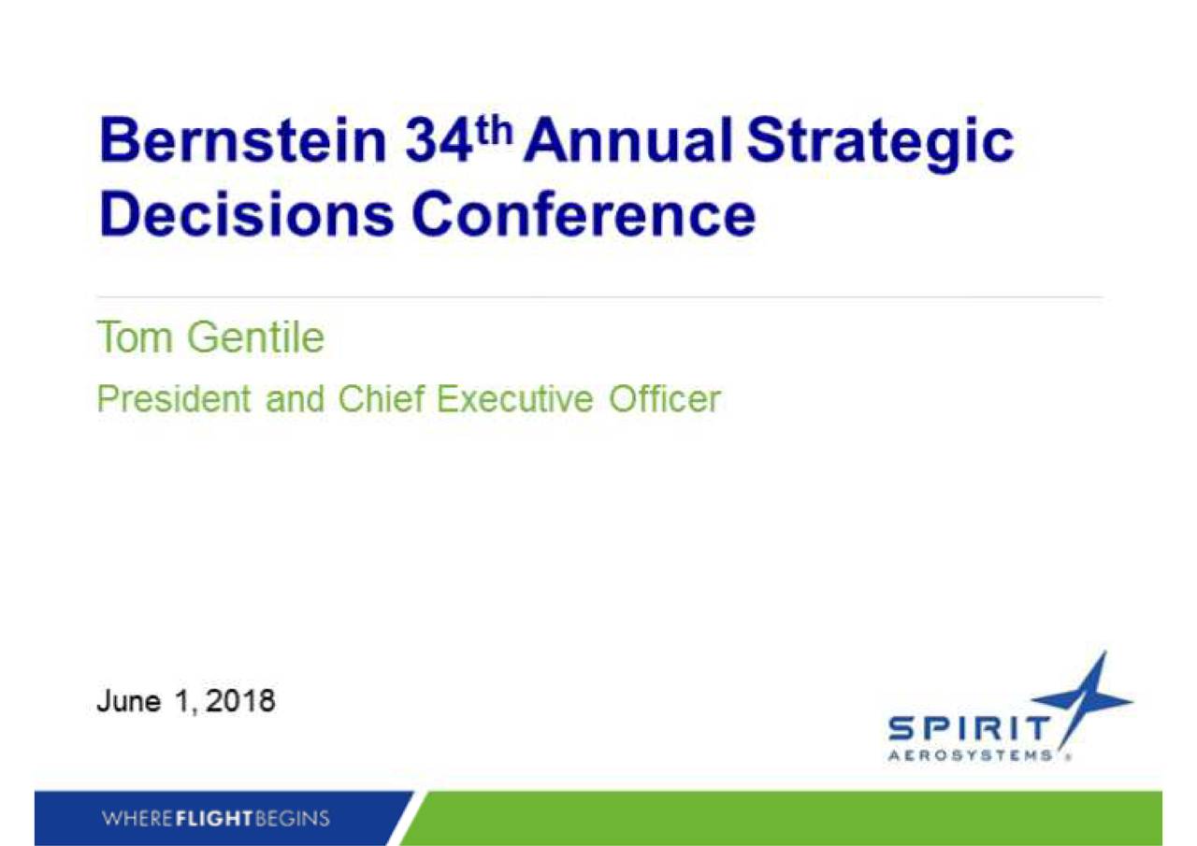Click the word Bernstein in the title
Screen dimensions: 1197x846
click(x=243, y=140)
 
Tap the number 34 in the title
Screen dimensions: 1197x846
click(x=440, y=141)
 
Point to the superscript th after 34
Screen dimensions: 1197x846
click(x=495, y=131)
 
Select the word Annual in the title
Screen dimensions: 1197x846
click(x=628, y=140)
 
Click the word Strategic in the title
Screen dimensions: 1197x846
click(x=880, y=145)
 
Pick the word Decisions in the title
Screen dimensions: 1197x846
click(x=246, y=215)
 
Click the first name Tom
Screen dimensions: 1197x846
click(x=135, y=337)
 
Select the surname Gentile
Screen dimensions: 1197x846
click(x=256, y=337)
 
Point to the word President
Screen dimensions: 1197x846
click(x=174, y=398)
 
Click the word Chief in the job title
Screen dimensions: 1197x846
click(x=382, y=398)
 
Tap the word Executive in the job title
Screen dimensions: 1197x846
click(x=515, y=398)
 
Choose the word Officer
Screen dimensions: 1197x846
click(x=665, y=398)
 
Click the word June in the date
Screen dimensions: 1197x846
click(x=129, y=700)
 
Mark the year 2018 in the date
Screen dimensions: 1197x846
click(x=240, y=700)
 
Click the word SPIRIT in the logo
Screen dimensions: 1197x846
click(x=968, y=728)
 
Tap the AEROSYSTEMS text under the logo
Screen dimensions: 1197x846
click(x=970, y=755)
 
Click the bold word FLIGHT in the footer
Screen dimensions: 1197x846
click(x=214, y=819)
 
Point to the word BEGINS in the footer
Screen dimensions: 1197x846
click(x=293, y=819)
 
